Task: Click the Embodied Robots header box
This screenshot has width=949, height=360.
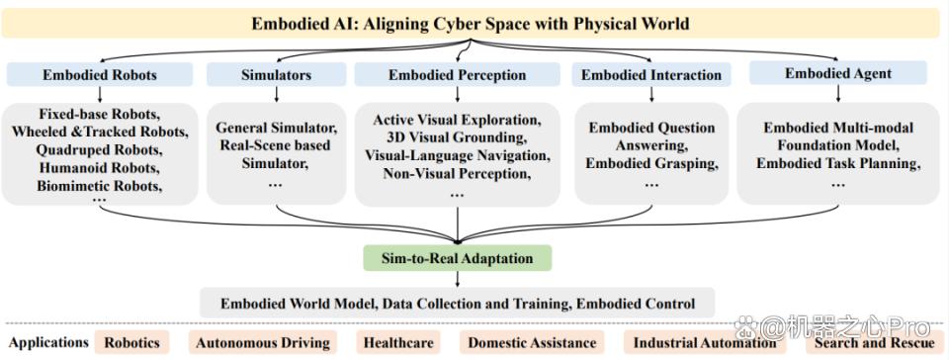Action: point(100,75)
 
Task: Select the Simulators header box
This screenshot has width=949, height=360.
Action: point(276,75)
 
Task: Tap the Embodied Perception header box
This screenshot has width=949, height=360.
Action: point(457,75)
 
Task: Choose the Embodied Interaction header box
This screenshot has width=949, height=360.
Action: point(651,75)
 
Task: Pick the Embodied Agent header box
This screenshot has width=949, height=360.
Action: point(838,73)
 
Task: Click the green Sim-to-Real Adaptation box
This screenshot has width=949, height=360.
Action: point(457,258)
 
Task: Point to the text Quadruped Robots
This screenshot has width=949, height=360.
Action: point(100,148)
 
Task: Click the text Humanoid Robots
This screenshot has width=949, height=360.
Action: point(100,167)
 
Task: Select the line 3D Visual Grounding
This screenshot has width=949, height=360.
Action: point(457,137)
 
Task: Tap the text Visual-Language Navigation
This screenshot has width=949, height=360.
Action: point(457,156)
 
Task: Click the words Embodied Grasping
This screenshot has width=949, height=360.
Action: point(651,164)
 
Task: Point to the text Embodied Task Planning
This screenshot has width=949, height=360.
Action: point(838,164)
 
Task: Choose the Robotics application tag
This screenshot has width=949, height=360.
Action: point(131,343)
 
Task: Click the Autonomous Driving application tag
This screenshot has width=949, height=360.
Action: point(263,343)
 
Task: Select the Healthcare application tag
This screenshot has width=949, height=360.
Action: point(398,343)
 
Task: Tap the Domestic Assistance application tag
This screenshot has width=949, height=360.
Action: point(532,343)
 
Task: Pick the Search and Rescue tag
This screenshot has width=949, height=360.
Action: point(874,343)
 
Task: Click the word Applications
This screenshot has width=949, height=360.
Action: point(48,342)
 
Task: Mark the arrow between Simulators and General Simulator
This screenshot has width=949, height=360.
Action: point(276,94)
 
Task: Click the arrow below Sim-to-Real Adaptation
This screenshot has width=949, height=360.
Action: point(457,279)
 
